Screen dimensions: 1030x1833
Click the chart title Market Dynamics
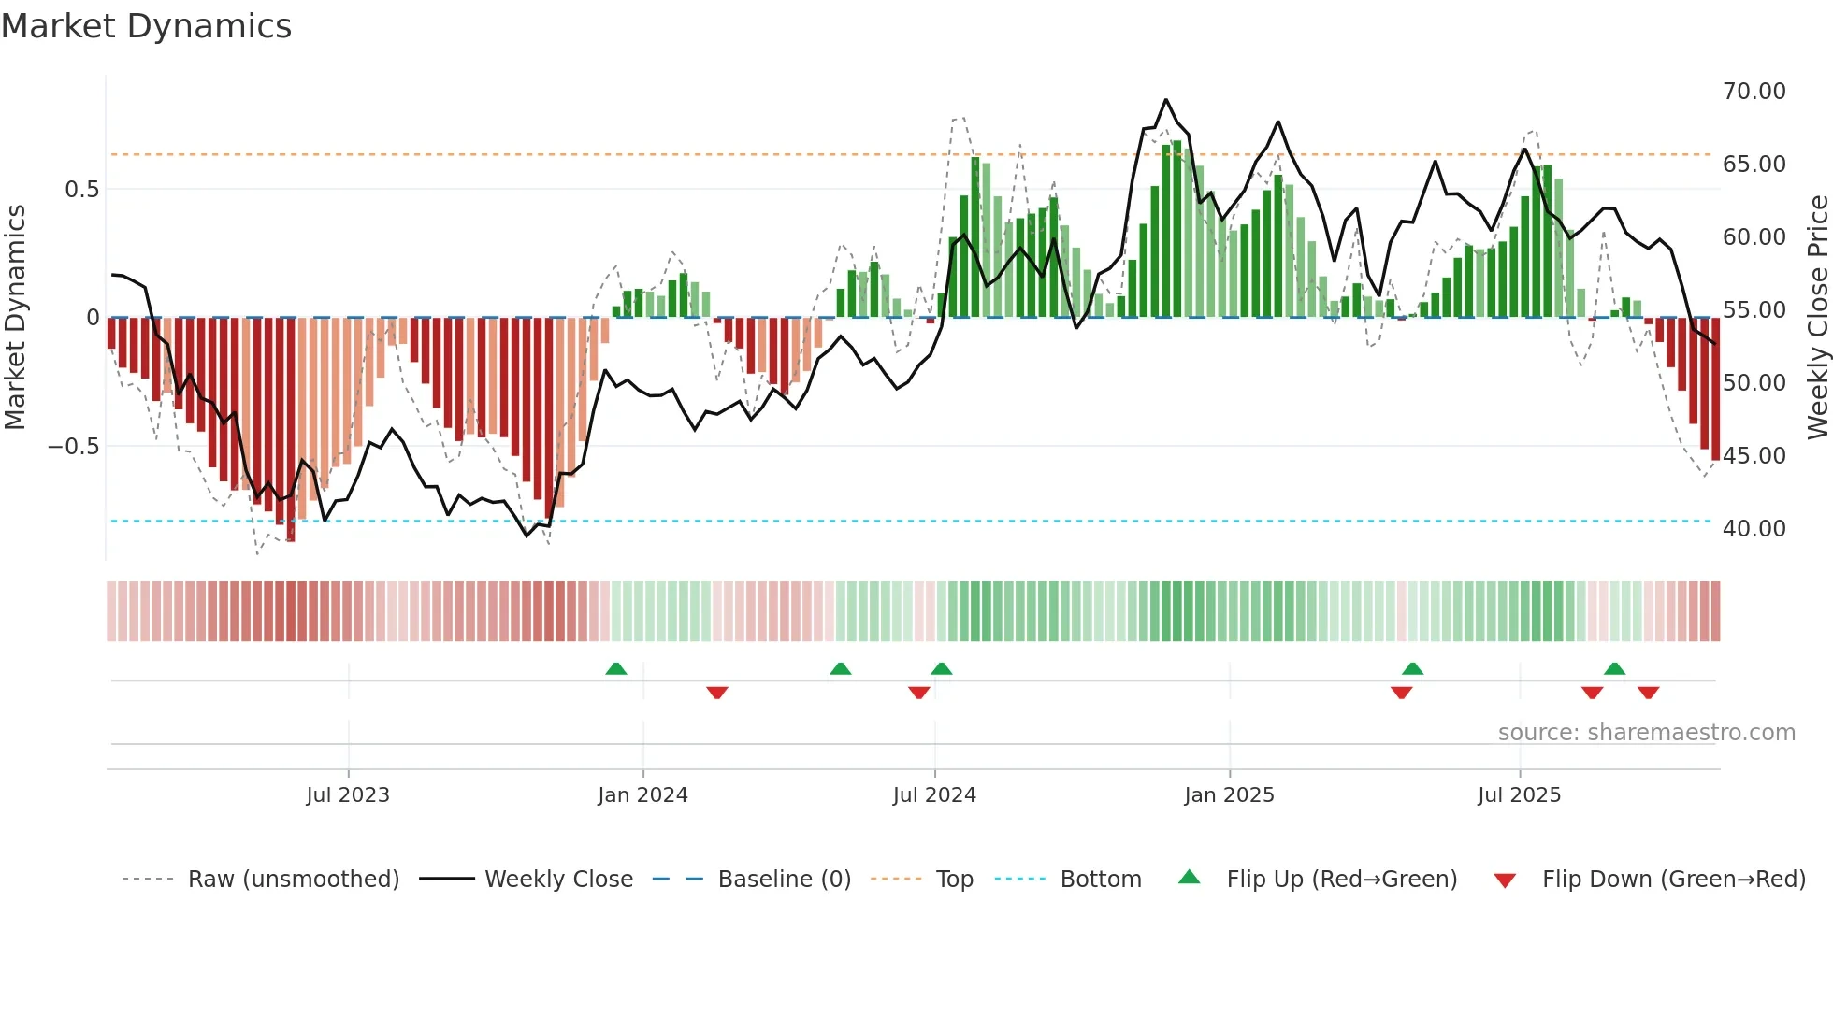146,26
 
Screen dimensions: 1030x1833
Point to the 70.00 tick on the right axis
1754,92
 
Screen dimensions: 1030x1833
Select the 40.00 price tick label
1754,529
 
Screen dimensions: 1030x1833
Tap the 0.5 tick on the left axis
81,190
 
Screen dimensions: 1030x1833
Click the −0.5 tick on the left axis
74,447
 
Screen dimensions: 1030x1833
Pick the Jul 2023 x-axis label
347,795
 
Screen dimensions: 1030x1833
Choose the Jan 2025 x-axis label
1229,795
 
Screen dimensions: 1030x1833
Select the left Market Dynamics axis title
15,318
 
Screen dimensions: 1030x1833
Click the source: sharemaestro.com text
1646,733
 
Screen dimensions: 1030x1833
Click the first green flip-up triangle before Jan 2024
615,669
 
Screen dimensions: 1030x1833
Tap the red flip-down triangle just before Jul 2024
918,693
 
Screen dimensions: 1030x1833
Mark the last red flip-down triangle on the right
1648,693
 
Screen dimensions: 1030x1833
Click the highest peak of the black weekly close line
1165,100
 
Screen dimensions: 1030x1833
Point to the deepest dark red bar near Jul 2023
291,430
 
